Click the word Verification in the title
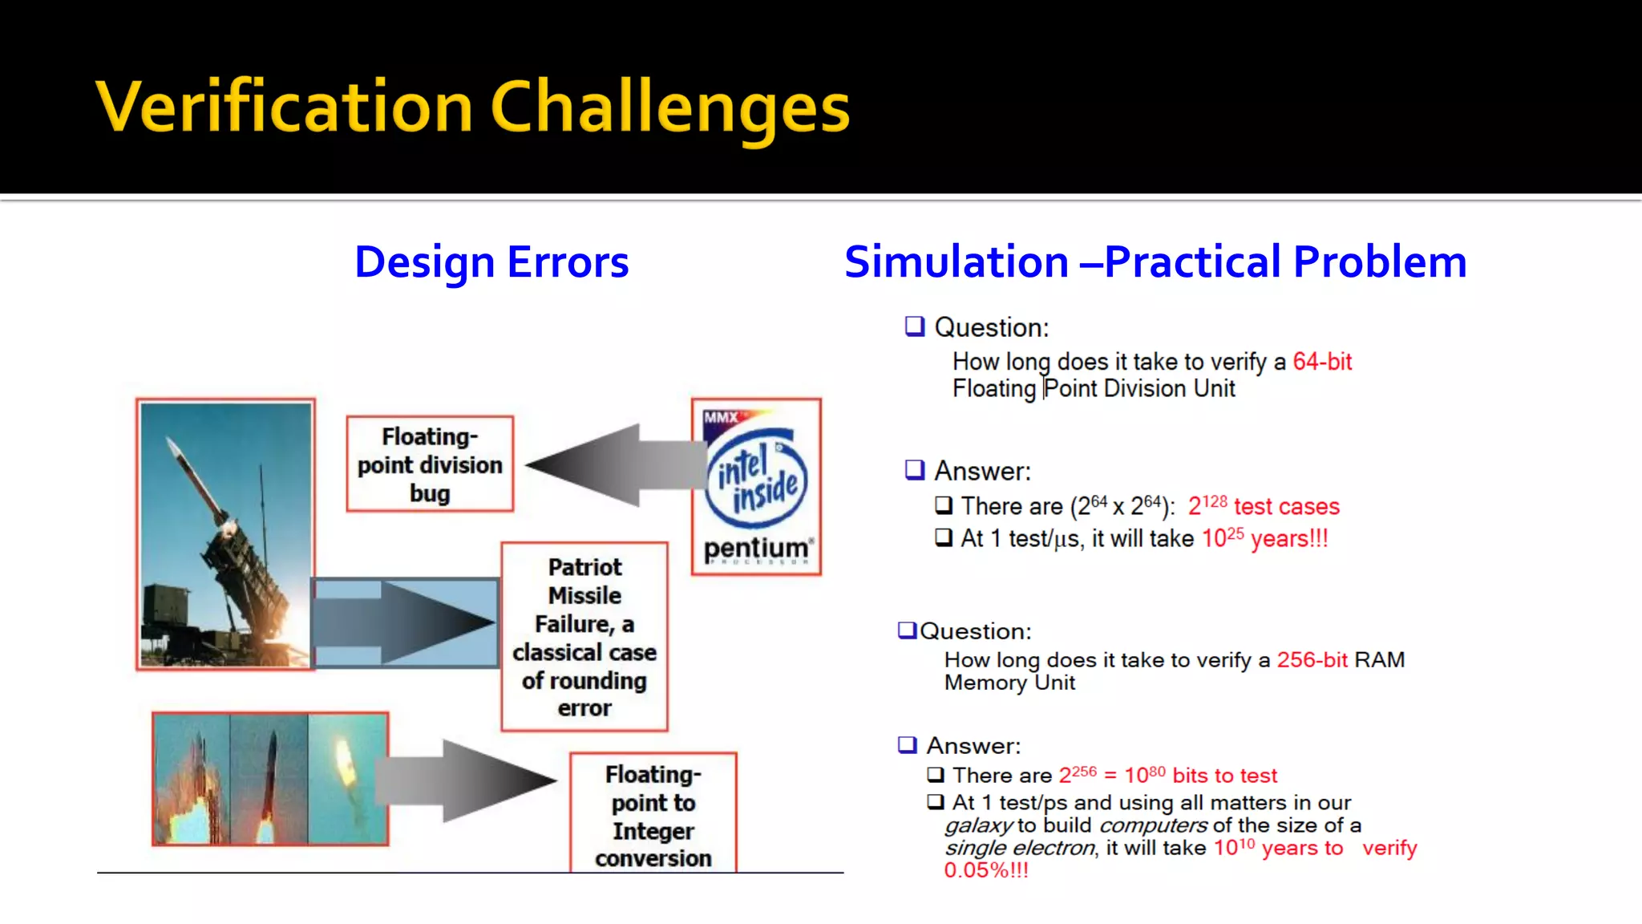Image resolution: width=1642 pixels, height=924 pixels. (285, 107)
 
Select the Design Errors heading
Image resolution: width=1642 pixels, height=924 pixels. (491, 262)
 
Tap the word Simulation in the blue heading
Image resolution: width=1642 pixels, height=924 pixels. (956, 262)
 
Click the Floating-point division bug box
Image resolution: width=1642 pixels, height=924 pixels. (430, 464)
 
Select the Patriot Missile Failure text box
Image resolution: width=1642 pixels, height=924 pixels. (584, 637)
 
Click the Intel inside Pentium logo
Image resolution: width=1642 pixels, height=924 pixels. (756, 487)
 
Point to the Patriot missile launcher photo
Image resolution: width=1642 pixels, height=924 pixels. (225, 534)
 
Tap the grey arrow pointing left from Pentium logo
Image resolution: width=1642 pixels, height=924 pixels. (609, 465)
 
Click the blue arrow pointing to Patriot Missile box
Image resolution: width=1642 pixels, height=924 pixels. (405, 622)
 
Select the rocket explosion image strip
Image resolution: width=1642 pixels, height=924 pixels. (270, 779)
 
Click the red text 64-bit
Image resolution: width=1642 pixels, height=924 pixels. (1322, 362)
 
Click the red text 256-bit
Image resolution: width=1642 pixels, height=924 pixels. (1312, 660)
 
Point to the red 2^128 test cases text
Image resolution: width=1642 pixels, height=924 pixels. (1264, 506)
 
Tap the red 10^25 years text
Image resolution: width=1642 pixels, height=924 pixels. (1264, 538)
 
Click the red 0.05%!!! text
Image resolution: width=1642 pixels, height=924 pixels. (985, 870)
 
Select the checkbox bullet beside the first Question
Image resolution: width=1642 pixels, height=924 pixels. (914, 326)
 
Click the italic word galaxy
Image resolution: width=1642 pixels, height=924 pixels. (979, 825)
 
